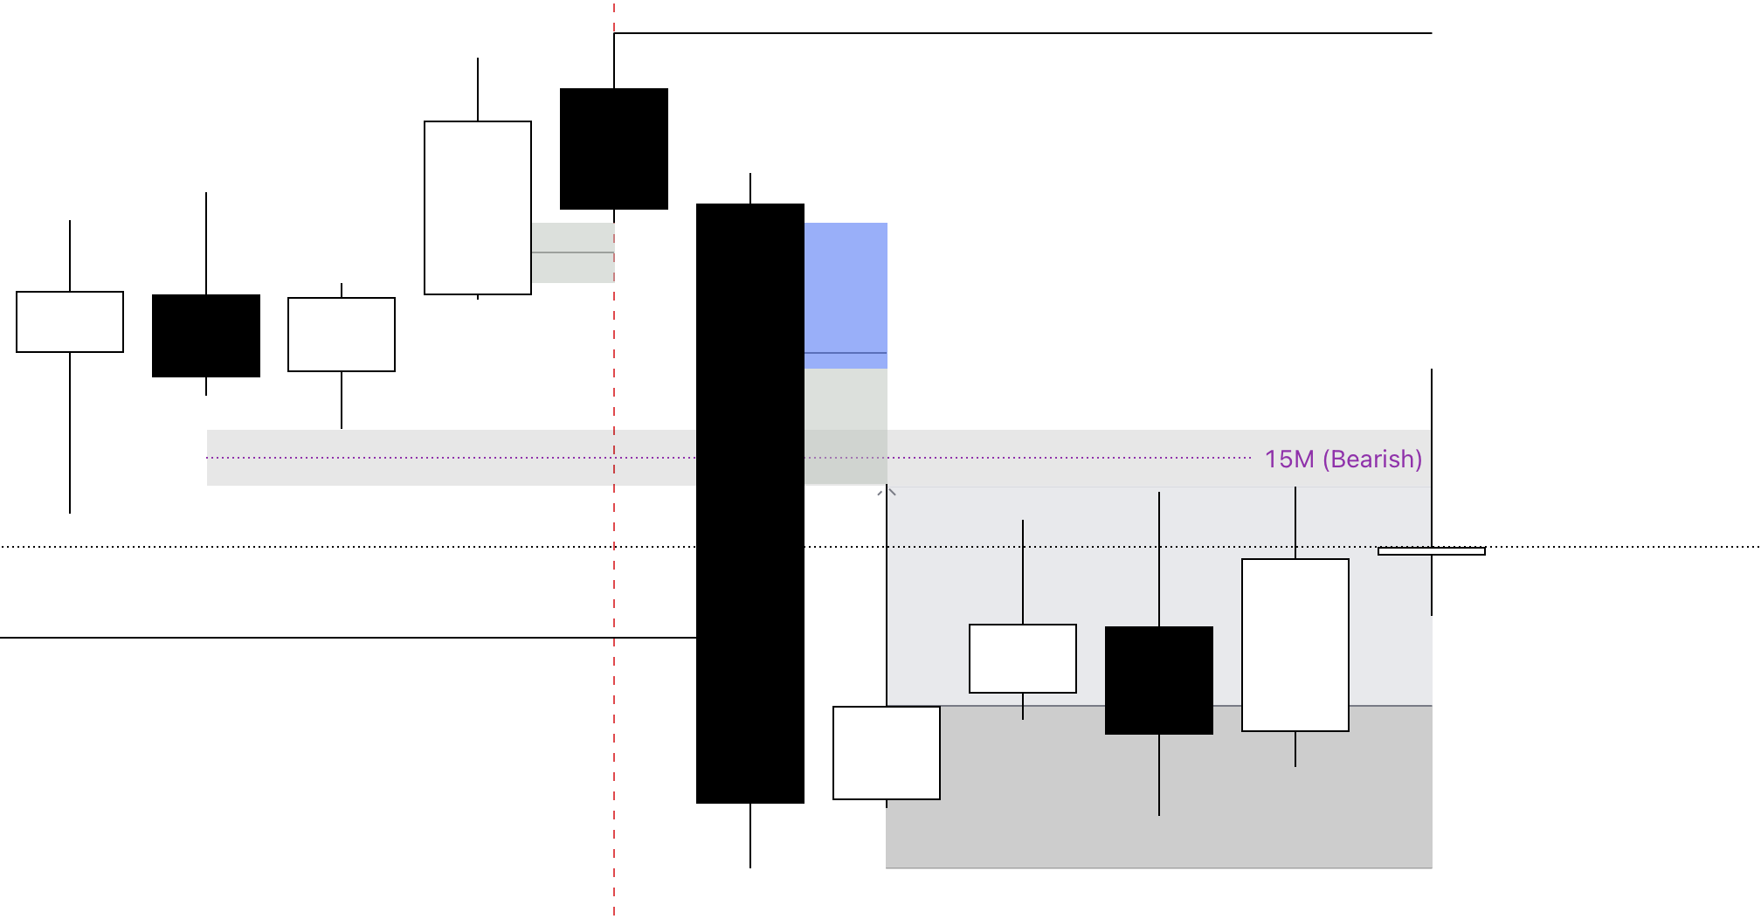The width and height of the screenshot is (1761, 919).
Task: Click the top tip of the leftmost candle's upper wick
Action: pos(70,221)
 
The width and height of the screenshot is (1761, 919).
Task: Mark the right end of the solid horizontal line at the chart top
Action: pos(1432,33)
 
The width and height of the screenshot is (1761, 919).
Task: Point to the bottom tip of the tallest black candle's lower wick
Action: pos(750,867)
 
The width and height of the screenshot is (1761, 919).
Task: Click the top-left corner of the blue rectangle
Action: pos(805,223)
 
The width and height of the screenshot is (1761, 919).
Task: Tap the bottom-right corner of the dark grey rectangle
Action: pos(1432,867)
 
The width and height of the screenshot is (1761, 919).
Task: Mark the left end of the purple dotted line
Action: pos(207,458)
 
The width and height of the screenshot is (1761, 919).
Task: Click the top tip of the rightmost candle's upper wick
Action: pos(1432,370)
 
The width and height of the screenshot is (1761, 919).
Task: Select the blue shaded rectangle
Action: pos(846,295)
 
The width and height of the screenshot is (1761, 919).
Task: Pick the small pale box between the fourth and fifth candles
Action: pos(573,252)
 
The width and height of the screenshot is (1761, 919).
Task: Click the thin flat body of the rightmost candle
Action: pos(1432,551)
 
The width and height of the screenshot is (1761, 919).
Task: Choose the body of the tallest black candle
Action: pos(750,503)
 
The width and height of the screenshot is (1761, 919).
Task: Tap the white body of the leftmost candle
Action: pos(70,322)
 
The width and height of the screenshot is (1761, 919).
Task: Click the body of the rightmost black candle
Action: pos(1159,681)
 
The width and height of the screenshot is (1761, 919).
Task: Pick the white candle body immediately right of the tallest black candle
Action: pos(887,753)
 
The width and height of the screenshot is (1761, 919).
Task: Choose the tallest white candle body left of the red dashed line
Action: pos(478,208)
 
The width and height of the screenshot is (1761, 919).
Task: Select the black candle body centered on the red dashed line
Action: pos(614,149)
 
